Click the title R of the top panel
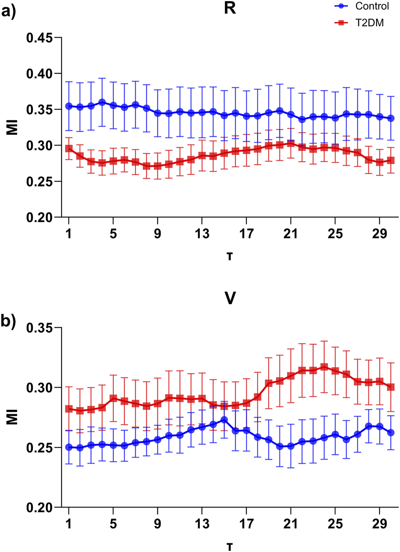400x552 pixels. (x=230, y=9)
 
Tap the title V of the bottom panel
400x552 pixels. (x=230, y=298)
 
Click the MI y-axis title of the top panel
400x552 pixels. (x=13, y=128)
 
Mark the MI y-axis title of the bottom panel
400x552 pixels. (x=13, y=418)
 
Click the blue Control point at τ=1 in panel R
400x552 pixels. (x=69, y=106)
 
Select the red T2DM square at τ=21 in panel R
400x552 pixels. (x=291, y=143)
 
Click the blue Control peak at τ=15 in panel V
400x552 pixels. (x=224, y=420)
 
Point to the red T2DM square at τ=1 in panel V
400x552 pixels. (x=69, y=409)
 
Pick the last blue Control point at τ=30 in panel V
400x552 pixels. (x=391, y=433)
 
